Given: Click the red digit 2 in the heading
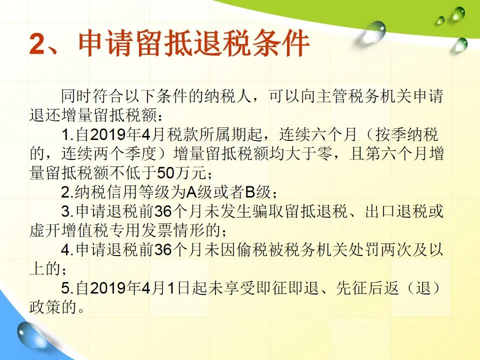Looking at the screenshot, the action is tap(37, 44).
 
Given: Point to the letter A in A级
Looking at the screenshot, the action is tap(192, 192).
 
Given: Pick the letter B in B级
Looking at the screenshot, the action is tap(250, 192).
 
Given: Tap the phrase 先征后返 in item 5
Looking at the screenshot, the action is tap(367, 288).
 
